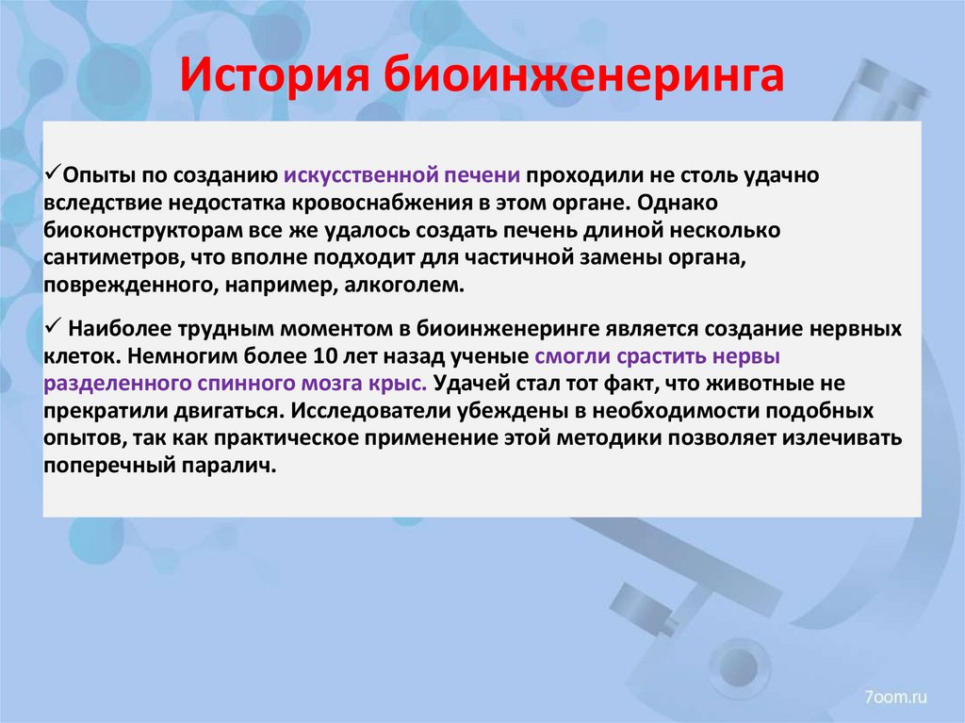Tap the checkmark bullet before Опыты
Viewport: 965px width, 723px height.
pos(55,174)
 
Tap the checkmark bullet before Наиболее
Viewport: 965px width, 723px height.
pos(55,329)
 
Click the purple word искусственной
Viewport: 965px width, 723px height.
pos(350,175)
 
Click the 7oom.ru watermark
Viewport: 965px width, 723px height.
pos(895,696)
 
